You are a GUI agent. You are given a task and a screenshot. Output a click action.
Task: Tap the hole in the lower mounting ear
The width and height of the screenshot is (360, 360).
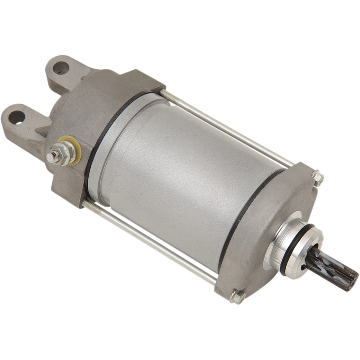point(17,117)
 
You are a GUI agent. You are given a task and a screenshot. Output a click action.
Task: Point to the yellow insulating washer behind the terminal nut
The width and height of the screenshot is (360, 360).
point(76,148)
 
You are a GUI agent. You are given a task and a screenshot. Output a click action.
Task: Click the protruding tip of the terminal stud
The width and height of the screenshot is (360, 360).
point(51,157)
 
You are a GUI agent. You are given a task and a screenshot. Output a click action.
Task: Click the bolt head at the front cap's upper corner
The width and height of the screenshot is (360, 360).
point(318,178)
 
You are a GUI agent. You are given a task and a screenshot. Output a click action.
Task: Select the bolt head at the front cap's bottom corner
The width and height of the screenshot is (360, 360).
point(237,296)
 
